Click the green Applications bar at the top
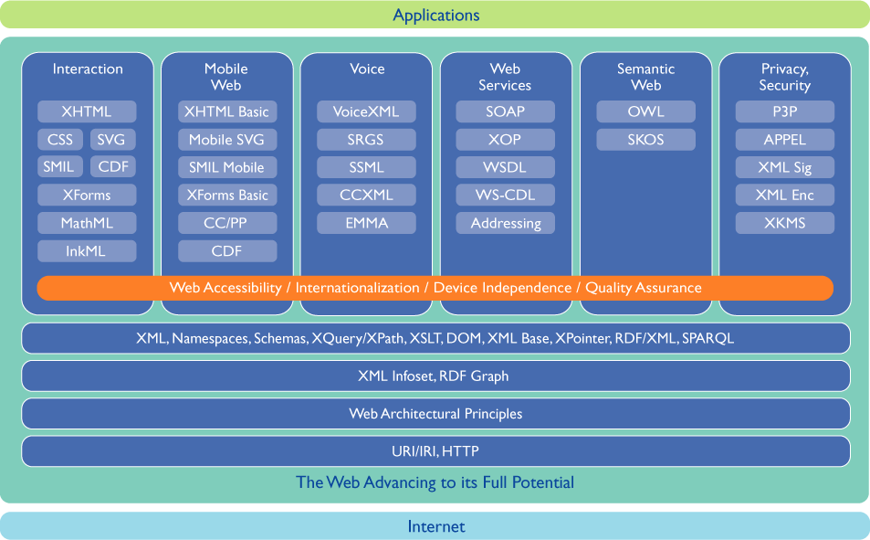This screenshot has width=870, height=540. pyautogui.click(x=435, y=15)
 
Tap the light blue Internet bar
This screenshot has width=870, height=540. pyautogui.click(x=435, y=526)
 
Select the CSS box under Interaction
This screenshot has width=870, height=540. pyautogui.click(x=59, y=140)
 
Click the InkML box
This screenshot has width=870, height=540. pyautogui.click(x=87, y=251)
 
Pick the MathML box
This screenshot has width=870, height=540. pyautogui.click(x=87, y=223)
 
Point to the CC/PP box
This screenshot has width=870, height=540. pyautogui.click(x=226, y=223)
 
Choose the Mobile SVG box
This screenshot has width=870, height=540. pyautogui.click(x=226, y=140)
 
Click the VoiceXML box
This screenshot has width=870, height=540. pyautogui.click(x=366, y=111)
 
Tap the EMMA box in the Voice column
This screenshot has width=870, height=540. pyautogui.click(x=366, y=223)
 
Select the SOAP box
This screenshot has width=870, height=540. pyautogui.click(x=505, y=111)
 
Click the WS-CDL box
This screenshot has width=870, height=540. pyautogui.click(x=505, y=195)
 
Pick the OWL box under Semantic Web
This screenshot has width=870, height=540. pyautogui.click(x=645, y=111)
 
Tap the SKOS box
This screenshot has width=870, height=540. pyautogui.click(x=645, y=140)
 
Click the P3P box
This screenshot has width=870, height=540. pyautogui.click(x=784, y=111)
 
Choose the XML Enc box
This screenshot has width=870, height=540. pyautogui.click(x=784, y=195)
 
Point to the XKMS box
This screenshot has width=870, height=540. pyautogui.click(x=784, y=223)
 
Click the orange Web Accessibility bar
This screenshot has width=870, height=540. pyautogui.click(x=435, y=288)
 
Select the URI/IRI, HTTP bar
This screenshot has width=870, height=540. pyautogui.click(x=435, y=451)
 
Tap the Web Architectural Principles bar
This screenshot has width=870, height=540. pyautogui.click(x=435, y=414)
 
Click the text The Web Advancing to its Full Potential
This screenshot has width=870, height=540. pyautogui.click(x=435, y=482)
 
